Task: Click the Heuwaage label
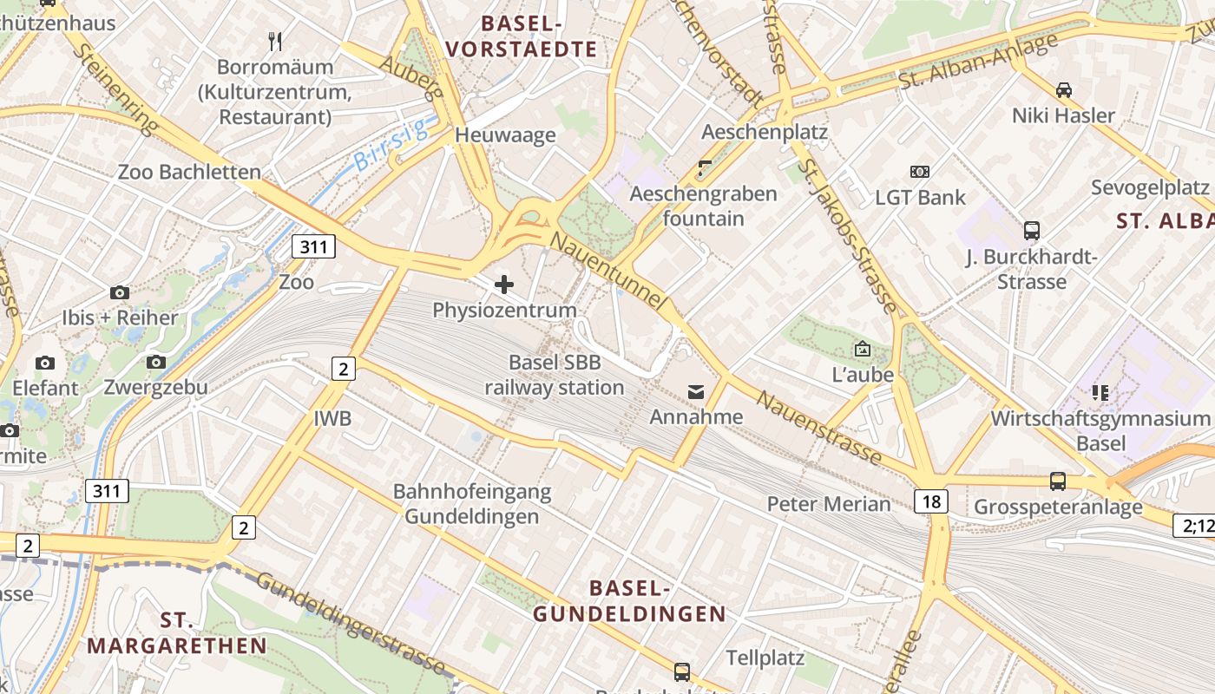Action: [505, 134]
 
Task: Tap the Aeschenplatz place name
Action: [764, 132]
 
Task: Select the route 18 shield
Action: [930, 501]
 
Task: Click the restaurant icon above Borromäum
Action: [275, 41]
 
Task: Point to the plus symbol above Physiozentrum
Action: [503, 284]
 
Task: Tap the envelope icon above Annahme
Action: [696, 392]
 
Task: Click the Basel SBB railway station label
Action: [554, 375]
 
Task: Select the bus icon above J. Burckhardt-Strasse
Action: [1031, 231]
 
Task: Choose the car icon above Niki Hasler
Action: [1063, 89]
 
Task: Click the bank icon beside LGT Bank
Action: [919, 172]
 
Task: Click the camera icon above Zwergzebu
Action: [156, 362]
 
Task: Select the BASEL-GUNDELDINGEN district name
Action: [629, 601]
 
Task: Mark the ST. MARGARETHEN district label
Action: [177, 633]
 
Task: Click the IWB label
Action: [332, 419]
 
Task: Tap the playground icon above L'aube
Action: [862, 349]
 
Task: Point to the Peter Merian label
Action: [828, 504]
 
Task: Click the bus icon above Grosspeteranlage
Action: [1057, 481]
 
